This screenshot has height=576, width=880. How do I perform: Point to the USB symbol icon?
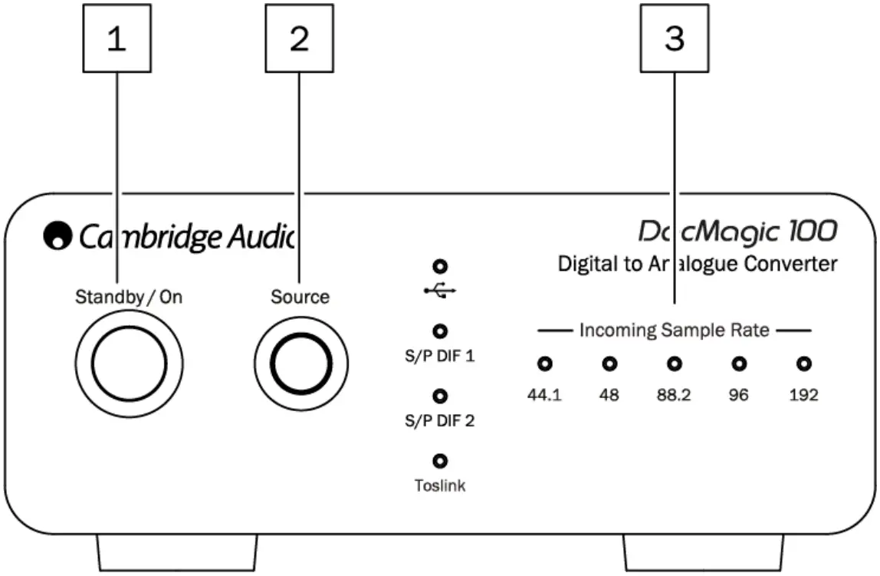point(439,291)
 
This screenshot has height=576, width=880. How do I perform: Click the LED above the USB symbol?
point(439,267)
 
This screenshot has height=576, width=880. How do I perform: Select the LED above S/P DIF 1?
point(439,331)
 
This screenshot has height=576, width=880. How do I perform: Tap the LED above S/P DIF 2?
point(439,396)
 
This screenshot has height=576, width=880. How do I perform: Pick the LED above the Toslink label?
point(439,461)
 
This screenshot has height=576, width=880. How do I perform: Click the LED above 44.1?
point(544,364)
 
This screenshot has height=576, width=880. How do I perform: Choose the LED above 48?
point(609,364)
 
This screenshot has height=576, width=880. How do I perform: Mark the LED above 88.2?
point(674,364)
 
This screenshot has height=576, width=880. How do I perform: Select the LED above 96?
point(739,364)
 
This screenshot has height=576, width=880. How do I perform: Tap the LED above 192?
point(803,364)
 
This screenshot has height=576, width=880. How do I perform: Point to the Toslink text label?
point(439,485)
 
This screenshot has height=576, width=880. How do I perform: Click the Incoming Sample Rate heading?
point(674,331)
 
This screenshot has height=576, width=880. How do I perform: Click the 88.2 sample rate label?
point(674,396)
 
